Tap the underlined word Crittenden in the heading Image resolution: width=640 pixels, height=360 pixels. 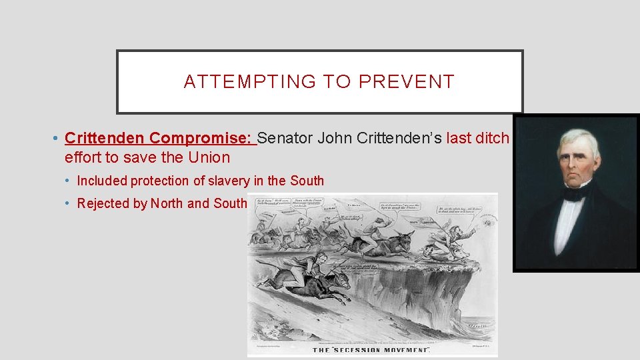(x=105, y=138)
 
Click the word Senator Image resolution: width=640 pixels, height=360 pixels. (x=285, y=138)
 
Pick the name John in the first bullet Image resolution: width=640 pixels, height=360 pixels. (x=333, y=138)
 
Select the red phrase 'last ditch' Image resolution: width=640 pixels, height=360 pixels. (x=478, y=138)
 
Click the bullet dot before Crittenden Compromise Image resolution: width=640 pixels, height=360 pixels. (x=53, y=139)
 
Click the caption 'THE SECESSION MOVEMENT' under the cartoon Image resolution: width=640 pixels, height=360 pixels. (x=372, y=350)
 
